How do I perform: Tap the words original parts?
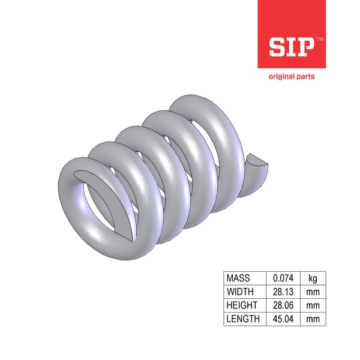(x=291, y=76)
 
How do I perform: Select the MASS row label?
(x=238, y=278)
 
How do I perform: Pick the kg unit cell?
(x=313, y=278)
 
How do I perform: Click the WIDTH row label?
(x=240, y=292)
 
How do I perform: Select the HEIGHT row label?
(x=242, y=305)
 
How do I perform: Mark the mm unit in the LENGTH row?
(x=313, y=319)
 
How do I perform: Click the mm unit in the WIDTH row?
(x=313, y=292)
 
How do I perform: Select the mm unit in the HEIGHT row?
(x=313, y=305)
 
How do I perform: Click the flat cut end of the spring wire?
(x=256, y=161)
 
